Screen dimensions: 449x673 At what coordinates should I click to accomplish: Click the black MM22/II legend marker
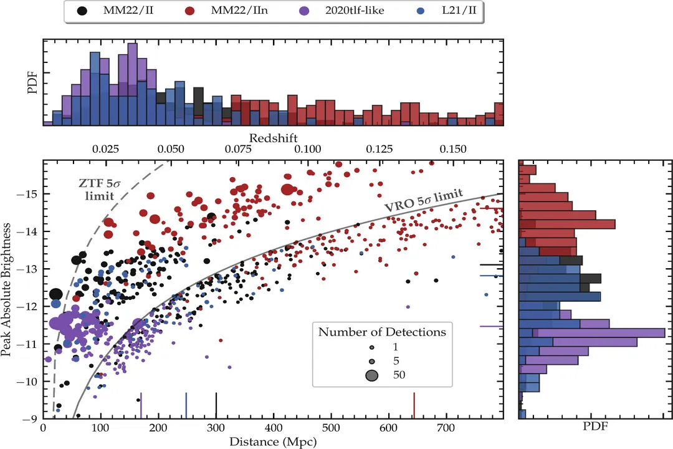click(x=82, y=11)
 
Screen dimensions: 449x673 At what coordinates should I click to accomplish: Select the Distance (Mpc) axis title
click(x=273, y=442)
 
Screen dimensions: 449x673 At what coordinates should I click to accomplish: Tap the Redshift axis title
click(x=273, y=137)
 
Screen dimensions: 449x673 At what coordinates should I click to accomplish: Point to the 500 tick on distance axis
click(x=331, y=428)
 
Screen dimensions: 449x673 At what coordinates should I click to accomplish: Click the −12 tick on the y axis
click(x=30, y=306)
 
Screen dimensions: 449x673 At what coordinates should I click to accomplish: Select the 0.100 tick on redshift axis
click(x=307, y=150)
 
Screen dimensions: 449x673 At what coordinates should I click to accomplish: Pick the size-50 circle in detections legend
click(x=372, y=375)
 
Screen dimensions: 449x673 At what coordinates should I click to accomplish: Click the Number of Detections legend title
click(x=382, y=332)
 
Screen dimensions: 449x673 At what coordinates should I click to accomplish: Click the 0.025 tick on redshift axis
click(x=105, y=150)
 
